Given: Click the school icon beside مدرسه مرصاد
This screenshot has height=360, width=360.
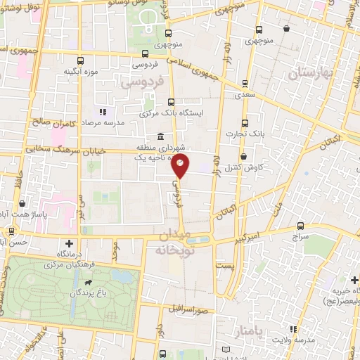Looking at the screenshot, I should click(x=103, y=112).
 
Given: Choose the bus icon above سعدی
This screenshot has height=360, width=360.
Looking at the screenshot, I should click(x=244, y=83).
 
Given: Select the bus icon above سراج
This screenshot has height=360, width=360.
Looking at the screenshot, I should click(x=301, y=226).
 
